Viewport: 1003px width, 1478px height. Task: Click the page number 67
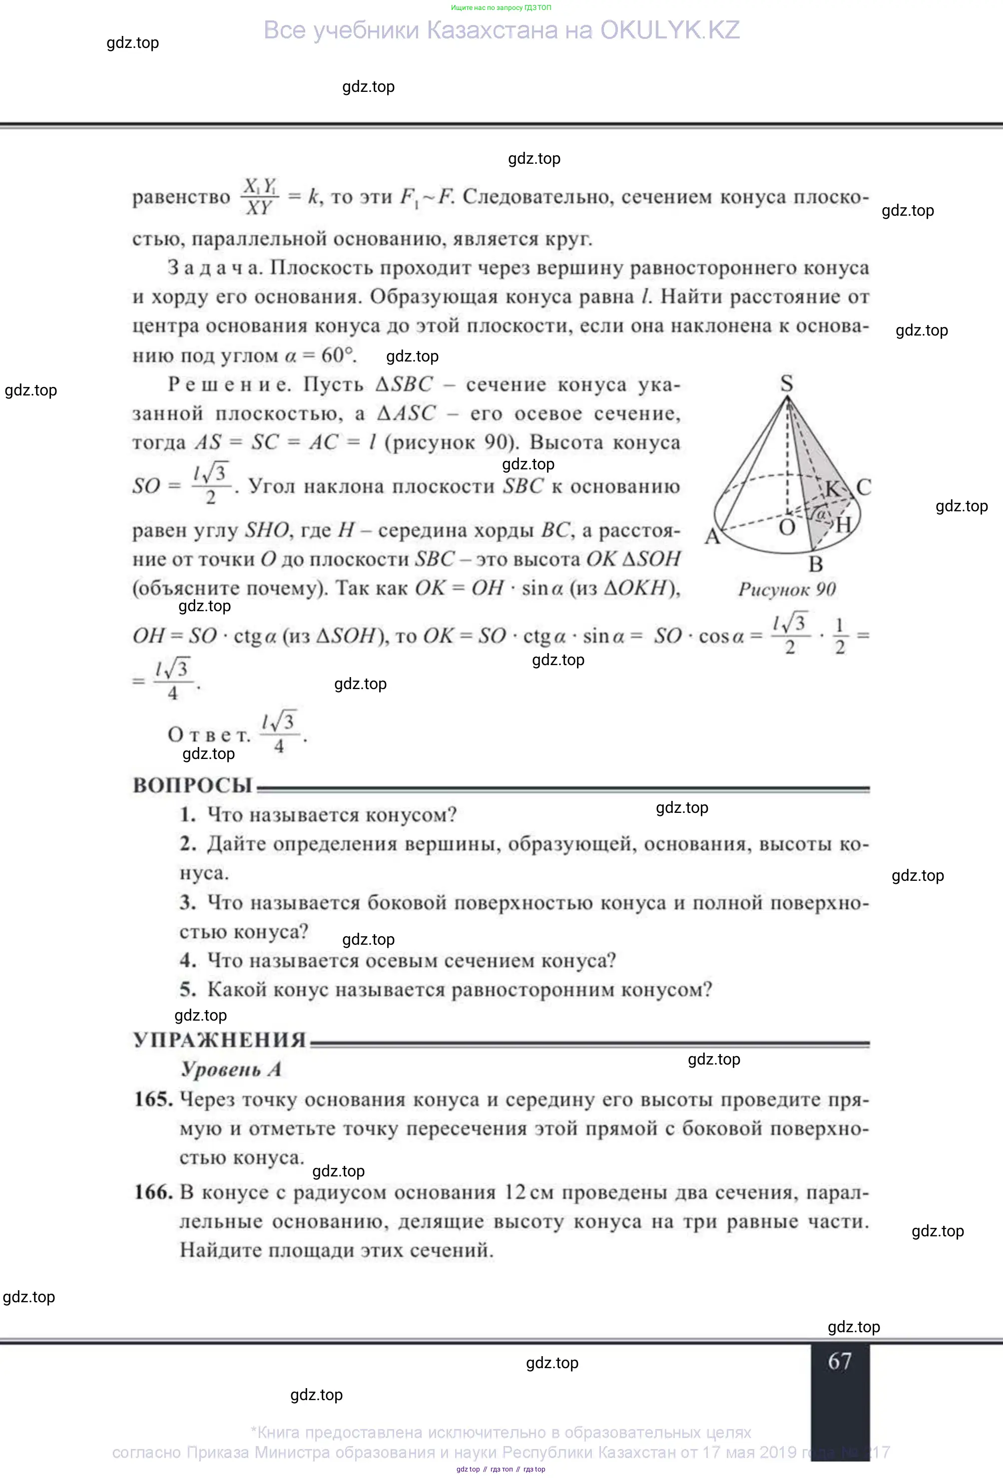840,1362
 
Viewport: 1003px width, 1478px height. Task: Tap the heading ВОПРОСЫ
192,786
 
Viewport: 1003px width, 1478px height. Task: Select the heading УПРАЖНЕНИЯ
219,1040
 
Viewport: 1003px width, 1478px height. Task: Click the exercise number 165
153,1100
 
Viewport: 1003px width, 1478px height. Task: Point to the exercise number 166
153,1192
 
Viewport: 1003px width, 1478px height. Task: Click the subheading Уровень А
231,1069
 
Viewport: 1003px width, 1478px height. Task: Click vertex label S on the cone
787,383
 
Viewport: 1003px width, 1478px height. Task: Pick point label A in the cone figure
712,537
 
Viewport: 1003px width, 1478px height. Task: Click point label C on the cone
863,487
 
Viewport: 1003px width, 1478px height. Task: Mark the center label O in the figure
787,527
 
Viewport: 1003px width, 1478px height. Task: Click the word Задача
215,268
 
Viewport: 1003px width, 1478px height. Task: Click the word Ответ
209,735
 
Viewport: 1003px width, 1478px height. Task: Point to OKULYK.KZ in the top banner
670,30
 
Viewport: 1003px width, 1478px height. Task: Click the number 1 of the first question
187,815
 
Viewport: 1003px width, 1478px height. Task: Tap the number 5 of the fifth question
187,989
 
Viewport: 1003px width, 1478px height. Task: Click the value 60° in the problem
338,355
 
